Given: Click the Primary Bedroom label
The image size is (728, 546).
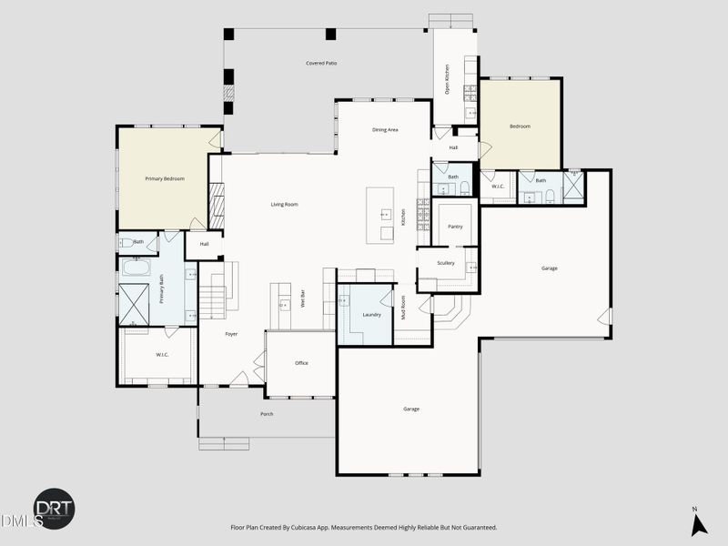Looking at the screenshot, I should (x=165, y=178).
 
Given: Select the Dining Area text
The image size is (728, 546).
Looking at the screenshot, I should (x=385, y=130).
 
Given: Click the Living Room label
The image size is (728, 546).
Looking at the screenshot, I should (x=284, y=204).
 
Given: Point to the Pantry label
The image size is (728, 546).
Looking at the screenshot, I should (x=455, y=226).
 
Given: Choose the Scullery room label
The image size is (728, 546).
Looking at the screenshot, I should (x=445, y=263).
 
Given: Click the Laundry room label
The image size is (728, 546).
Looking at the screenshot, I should (x=370, y=314).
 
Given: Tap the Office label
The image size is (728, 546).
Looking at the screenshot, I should (x=301, y=363).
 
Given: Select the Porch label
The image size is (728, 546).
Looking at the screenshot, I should (x=267, y=414).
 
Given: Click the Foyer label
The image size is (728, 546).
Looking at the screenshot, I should (x=231, y=334).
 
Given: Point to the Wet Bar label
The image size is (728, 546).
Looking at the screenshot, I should (x=303, y=298).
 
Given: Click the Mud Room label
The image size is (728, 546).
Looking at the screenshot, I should (x=403, y=308).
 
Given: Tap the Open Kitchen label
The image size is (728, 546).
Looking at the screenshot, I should (x=447, y=80).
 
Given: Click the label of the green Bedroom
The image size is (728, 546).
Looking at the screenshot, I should (x=520, y=126).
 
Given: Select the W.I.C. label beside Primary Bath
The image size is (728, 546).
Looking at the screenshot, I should (x=162, y=354).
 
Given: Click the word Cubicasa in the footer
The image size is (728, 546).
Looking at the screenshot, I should (x=323, y=528).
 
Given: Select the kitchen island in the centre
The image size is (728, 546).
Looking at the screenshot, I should (x=380, y=215).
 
